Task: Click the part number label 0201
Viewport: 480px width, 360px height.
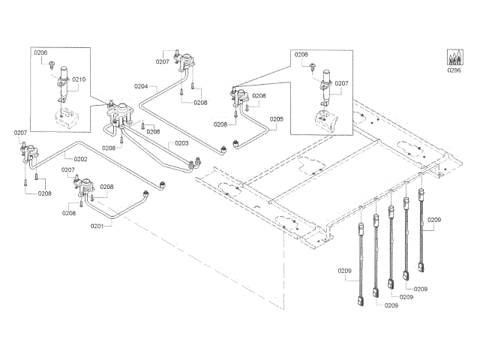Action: pos(96,226)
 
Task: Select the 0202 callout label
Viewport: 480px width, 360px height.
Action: pos(80,159)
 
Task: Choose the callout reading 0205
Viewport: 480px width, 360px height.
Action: pos(277,118)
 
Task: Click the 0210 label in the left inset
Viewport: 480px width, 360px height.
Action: pos(79,79)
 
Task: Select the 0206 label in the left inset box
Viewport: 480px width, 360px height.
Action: pos(40,52)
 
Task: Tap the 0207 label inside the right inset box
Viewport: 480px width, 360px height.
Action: pos(341,83)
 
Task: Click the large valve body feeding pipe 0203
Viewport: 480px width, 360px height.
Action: pos(118,112)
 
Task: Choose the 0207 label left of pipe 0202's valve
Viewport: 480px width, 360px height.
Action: pos(20,133)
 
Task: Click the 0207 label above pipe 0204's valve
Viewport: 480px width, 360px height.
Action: pos(163,62)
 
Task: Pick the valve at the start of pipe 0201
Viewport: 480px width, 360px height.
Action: pos(88,185)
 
